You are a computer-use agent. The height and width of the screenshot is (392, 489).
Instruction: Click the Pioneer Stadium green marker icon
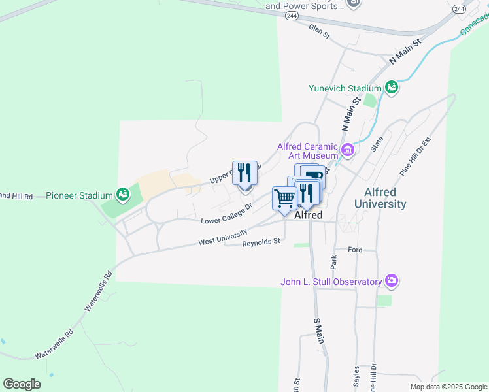coord(122,194)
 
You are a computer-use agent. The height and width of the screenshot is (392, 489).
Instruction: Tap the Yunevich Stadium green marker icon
coord(392,88)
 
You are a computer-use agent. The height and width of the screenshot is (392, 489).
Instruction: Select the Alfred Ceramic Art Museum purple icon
coord(348,151)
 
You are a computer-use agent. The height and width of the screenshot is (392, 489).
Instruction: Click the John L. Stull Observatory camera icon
coord(392,282)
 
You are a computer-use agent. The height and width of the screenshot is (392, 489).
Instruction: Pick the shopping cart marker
coord(284,199)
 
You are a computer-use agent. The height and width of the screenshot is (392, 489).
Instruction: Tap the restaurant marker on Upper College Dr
coord(244,174)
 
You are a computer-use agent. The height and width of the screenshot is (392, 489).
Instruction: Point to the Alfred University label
coord(380,198)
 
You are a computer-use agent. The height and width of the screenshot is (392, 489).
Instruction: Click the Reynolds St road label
coord(261,242)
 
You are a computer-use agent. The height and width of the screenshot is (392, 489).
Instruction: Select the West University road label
coord(223,237)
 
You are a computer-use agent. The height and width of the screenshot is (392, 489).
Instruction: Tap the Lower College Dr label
coord(226,214)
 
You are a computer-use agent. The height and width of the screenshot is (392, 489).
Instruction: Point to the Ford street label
coord(355,250)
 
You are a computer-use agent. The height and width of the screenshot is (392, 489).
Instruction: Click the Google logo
coord(22,384)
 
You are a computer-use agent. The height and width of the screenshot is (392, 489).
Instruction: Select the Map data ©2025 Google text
coord(448,387)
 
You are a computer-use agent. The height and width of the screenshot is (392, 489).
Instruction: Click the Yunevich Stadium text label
coord(345,88)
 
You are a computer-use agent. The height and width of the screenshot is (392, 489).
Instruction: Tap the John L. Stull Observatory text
coord(331,282)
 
